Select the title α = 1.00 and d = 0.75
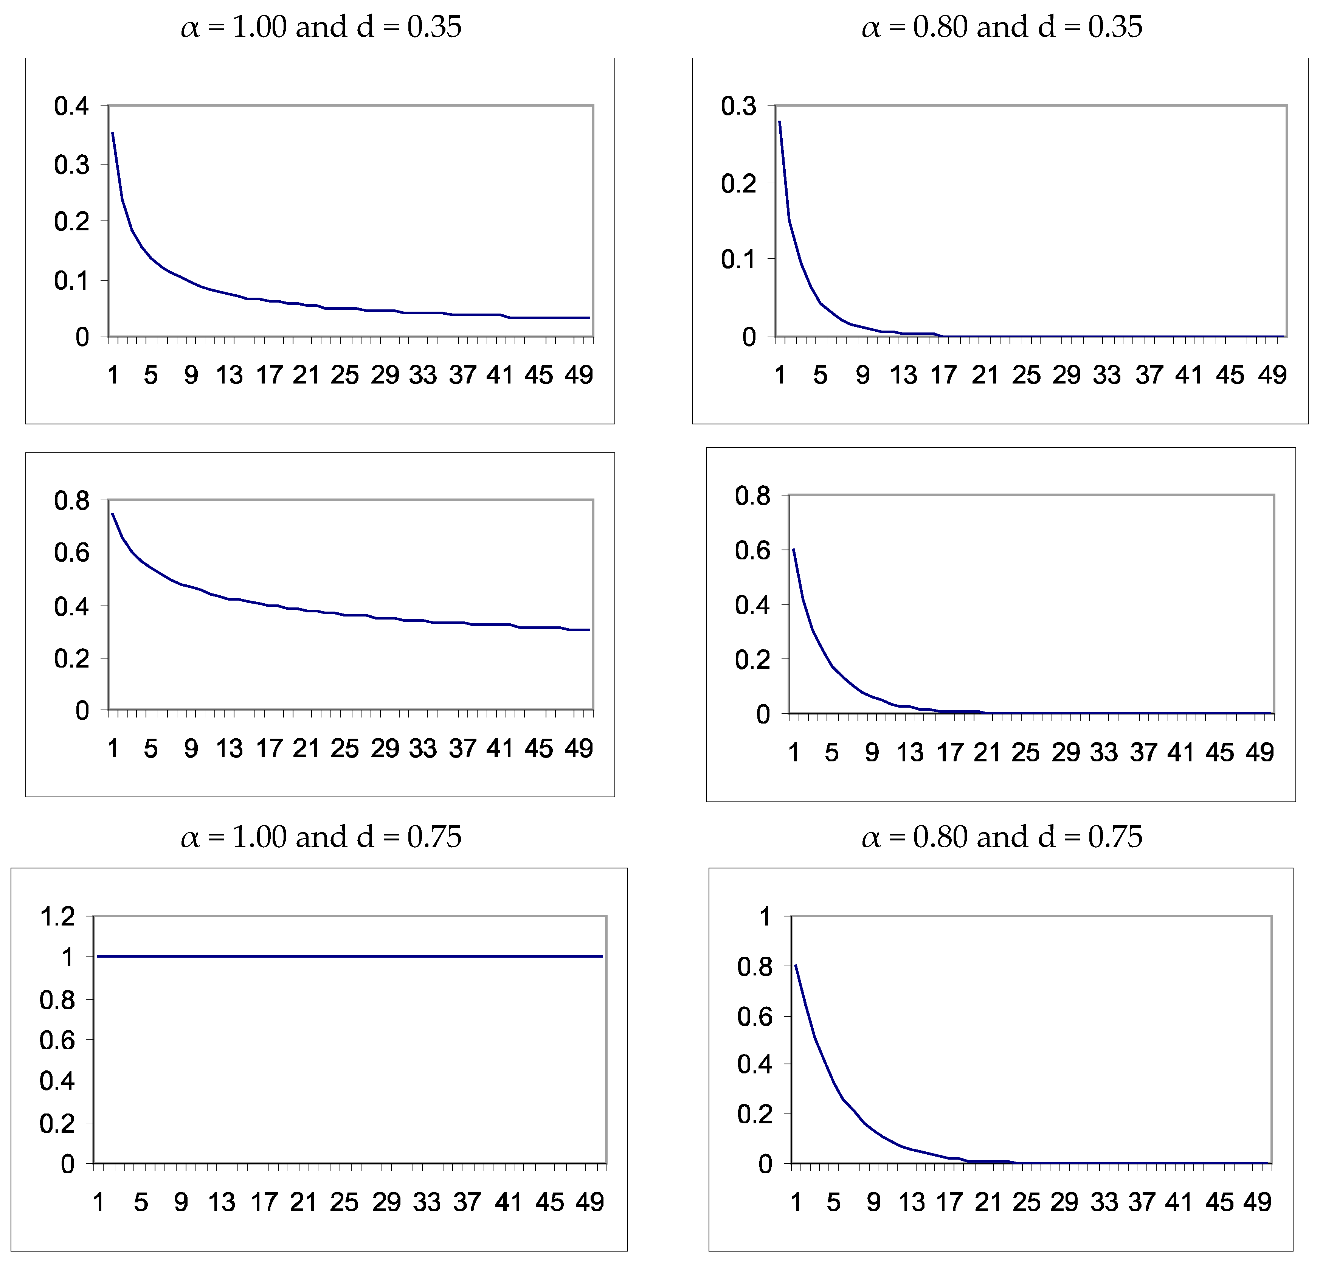[x=321, y=837]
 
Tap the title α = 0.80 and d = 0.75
[x=1001, y=837]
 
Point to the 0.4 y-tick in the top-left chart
[x=71, y=106]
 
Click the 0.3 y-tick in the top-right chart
[x=738, y=106]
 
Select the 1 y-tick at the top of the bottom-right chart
[x=765, y=916]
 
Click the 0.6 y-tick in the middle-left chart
[x=71, y=553]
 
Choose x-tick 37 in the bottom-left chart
[x=467, y=1202]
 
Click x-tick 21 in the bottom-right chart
[x=988, y=1202]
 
